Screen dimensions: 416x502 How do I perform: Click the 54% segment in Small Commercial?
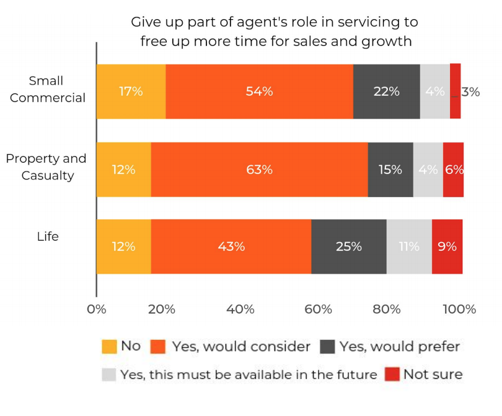pos(259,91)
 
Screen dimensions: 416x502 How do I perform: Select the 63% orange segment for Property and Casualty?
pos(259,170)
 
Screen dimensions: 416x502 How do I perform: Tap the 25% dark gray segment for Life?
pos(349,246)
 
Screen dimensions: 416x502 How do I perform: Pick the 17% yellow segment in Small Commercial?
pos(131,91)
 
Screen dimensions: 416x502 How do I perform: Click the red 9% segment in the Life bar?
pos(447,246)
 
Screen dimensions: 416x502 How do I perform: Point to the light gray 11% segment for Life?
pos(409,246)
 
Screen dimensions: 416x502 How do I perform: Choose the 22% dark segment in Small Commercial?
pos(386,91)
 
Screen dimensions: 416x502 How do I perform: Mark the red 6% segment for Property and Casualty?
pos(453,170)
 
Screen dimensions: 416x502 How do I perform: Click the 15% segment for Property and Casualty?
pos(390,170)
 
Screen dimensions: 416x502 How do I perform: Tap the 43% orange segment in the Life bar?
pos(231,246)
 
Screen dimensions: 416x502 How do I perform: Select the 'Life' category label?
pos(48,236)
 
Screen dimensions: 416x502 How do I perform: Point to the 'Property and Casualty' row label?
pos(46,167)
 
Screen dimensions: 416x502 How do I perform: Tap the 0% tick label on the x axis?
pos(97,309)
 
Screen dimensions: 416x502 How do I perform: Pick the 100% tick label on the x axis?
pos(460,309)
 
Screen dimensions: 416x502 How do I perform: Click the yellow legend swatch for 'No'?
pos(109,347)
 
